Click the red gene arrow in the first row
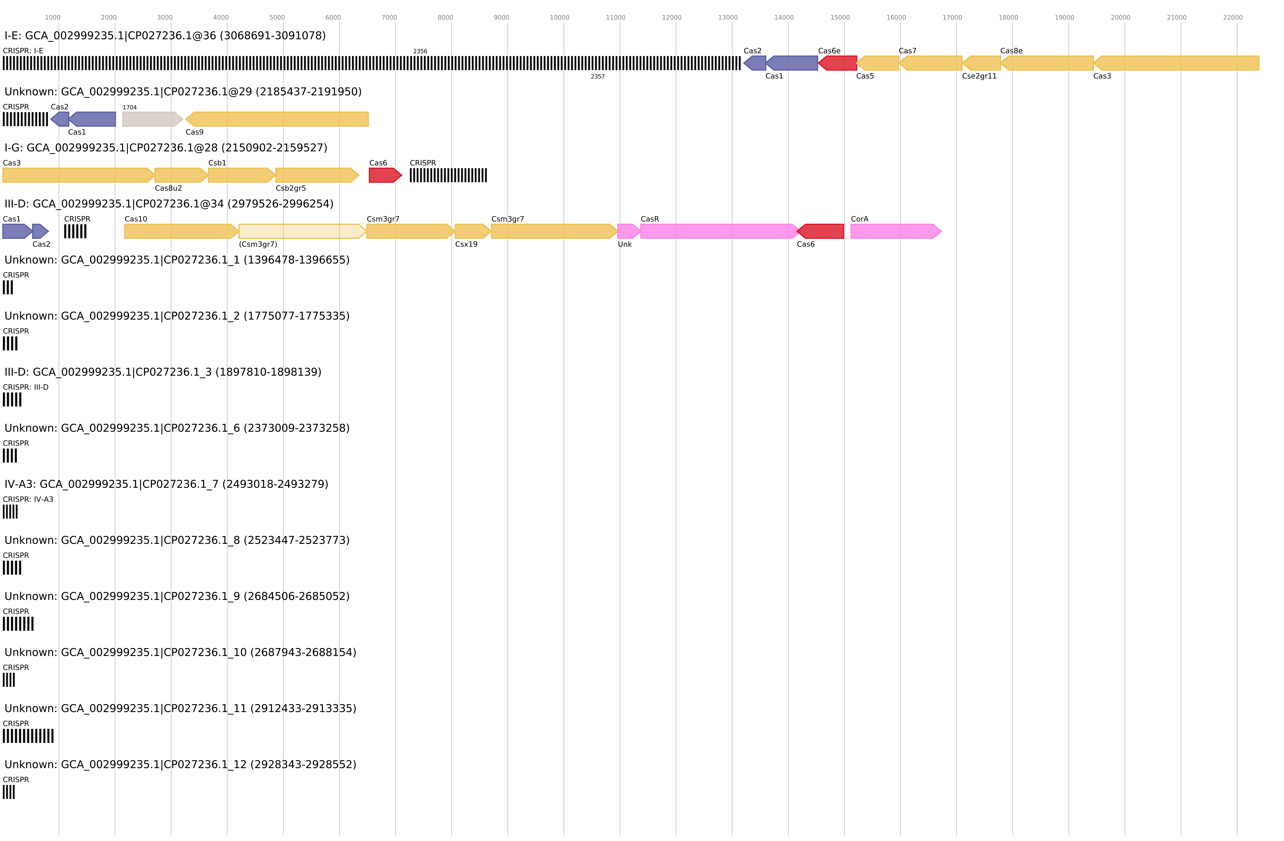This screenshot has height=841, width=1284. tap(838, 63)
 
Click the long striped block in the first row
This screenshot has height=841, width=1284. tap(371, 63)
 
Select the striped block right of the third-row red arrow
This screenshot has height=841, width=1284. tap(448, 175)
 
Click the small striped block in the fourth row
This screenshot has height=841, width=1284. tap(75, 231)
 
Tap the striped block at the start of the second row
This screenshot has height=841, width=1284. tap(25, 119)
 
